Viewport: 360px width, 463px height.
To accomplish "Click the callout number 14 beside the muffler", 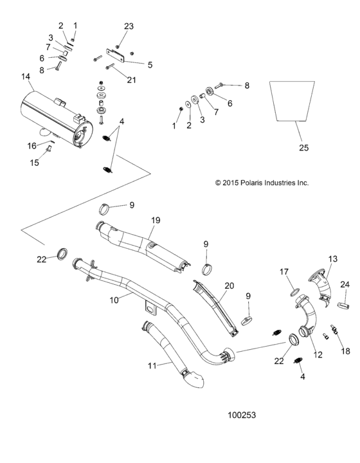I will pos(25,77).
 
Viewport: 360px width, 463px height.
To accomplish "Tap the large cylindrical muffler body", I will pos(55,119).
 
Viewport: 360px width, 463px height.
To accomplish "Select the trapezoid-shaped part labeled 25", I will pos(292,100).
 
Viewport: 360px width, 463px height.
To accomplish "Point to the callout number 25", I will pos(303,148).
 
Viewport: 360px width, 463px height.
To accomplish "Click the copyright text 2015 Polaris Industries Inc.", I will pos(262,183).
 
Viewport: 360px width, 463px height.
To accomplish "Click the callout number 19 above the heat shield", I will pos(155,220).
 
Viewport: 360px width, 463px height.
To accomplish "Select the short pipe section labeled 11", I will pos(168,350).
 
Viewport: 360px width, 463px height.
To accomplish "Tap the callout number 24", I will pos(345,285).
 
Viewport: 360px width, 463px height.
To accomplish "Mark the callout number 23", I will pos(129,26).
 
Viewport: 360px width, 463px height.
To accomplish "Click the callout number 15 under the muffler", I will pos(35,163).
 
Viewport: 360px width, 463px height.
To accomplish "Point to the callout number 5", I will pos(150,64).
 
